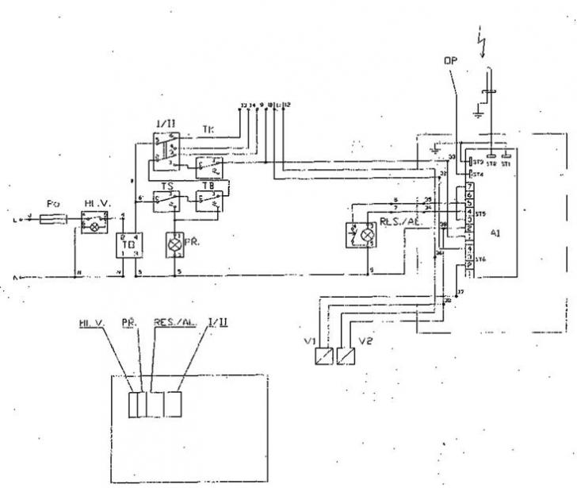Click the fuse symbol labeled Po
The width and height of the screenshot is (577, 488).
point(55,217)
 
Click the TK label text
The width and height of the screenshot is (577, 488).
point(208,128)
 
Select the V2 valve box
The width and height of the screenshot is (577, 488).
point(346,357)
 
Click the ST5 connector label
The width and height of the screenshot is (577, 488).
point(480,214)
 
